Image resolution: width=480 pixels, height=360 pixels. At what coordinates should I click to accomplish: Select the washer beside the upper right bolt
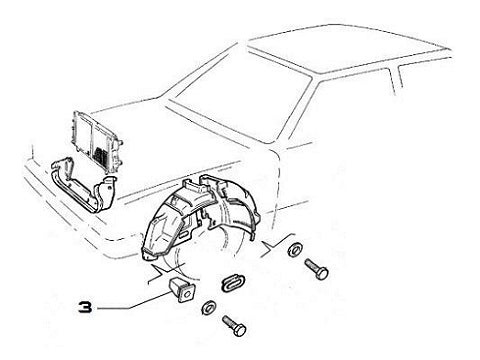tap(295, 249)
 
